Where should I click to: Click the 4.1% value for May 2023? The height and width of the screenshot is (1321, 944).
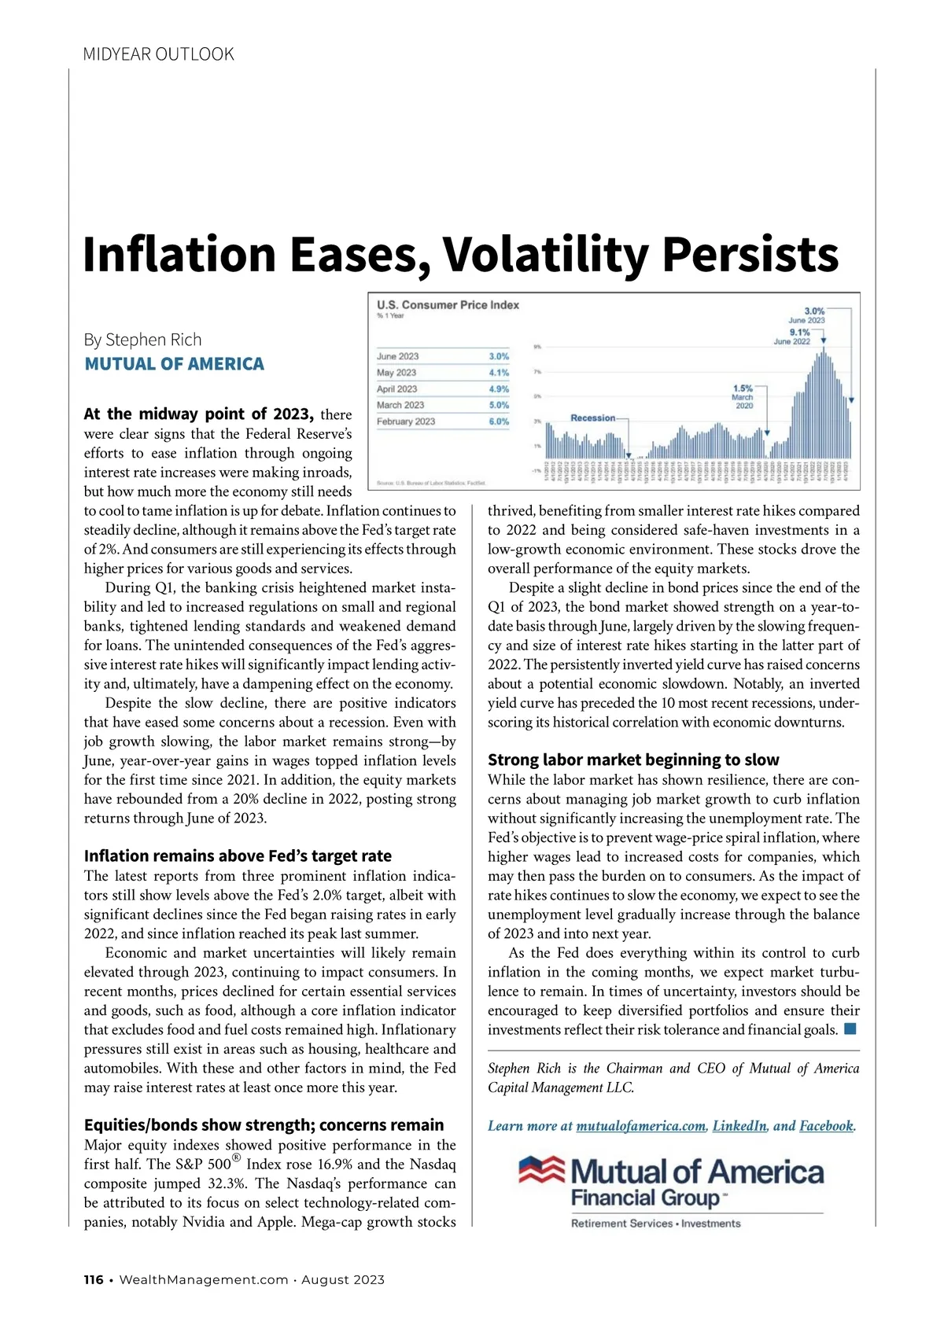(x=499, y=373)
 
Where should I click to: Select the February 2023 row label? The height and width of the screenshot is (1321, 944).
(x=406, y=421)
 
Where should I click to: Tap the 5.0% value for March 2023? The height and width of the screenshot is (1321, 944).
(x=499, y=405)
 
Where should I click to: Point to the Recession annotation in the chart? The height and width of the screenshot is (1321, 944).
(x=592, y=418)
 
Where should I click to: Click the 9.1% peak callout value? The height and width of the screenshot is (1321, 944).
(x=799, y=333)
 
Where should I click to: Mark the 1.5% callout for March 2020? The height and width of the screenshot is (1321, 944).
(x=742, y=388)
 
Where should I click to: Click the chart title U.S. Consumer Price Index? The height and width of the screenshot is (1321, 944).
(x=448, y=305)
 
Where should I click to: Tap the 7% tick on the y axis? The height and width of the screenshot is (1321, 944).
(x=537, y=371)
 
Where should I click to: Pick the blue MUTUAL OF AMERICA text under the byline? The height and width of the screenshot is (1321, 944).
(x=174, y=364)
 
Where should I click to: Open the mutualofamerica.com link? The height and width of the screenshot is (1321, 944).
(x=640, y=1126)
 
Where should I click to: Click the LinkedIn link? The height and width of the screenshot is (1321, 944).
(x=739, y=1126)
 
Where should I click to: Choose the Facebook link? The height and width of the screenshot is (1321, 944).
(x=825, y=1126)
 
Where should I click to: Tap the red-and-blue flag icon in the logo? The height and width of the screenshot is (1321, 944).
(x=541, y=1169)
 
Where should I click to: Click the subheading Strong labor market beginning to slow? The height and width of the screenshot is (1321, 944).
(x=633, y=760)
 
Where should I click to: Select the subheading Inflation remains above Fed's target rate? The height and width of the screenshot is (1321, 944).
(x=238, y=856)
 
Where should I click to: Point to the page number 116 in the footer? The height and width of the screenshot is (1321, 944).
(x=94, y=1279)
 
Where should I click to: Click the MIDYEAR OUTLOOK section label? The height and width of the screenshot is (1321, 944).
(x=158, y=54)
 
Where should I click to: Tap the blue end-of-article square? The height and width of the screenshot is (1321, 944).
(x=850, y=1028)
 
